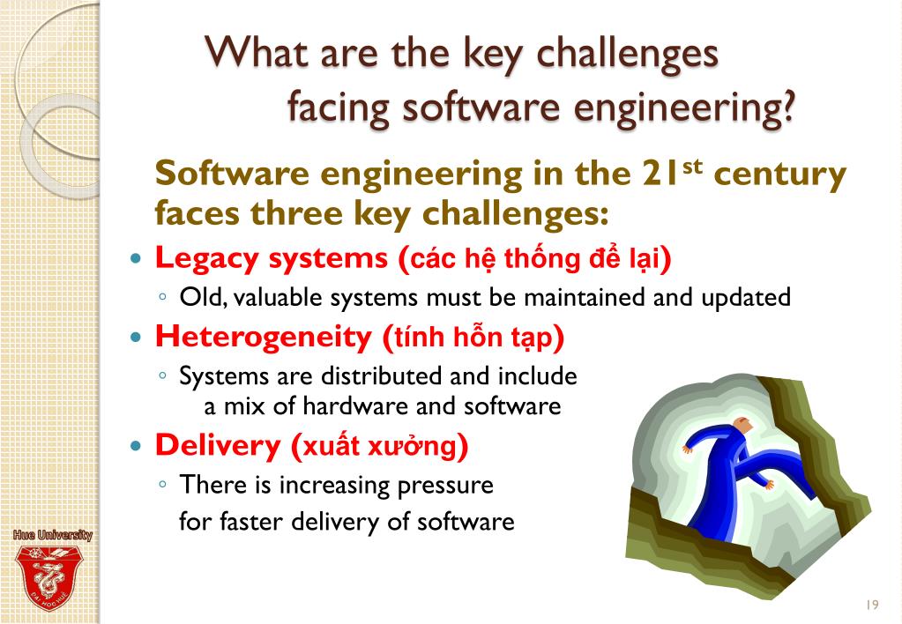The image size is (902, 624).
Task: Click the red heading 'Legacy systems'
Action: coord(272,258)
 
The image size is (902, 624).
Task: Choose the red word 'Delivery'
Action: coord(217,445)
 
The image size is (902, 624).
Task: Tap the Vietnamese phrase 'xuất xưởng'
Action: coord(380,446)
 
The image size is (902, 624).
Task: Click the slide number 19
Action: coord(873,605)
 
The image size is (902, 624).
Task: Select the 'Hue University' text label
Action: coord(52,535)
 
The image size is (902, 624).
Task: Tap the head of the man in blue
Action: coord(742,426)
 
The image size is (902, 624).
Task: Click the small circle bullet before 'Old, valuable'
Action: coord(164,297)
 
